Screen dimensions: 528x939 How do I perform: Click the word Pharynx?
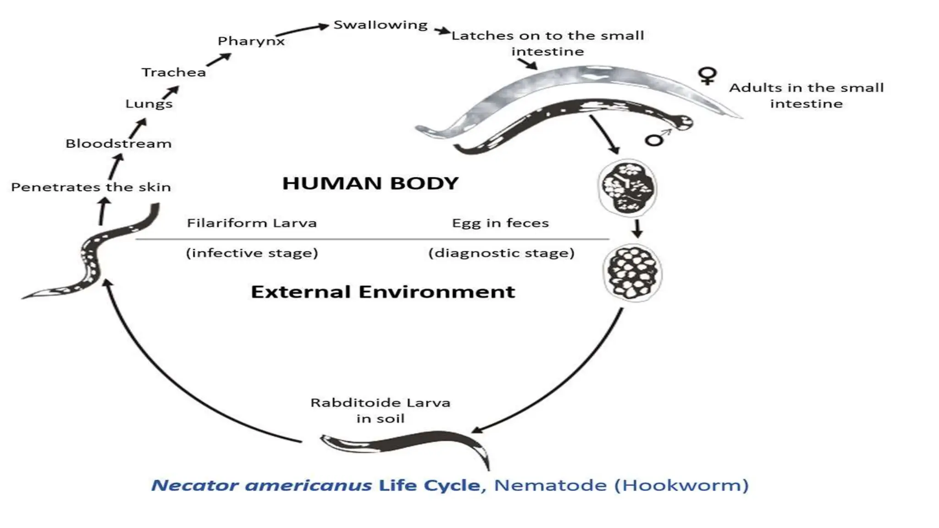click(251, 41)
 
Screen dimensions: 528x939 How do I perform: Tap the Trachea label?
click(173, 72)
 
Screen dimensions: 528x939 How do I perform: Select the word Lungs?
click(149, 104)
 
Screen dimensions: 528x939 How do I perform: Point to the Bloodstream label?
click(118, 143)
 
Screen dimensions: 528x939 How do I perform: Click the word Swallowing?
click(380, 25)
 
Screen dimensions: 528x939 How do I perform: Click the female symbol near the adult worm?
click(707, 76)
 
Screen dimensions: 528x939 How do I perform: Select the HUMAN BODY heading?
click(370, 183)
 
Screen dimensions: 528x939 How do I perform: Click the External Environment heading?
click(383, 292)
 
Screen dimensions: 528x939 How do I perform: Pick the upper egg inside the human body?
click(628, 188)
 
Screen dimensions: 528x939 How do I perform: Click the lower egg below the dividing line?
click(632, 273)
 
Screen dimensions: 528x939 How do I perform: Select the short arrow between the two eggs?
click(636, 228)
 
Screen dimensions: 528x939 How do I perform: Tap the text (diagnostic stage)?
click(501, 253)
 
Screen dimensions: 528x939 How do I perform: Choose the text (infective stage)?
click(252, 253)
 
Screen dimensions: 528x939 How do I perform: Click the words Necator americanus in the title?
click(261, 485)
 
